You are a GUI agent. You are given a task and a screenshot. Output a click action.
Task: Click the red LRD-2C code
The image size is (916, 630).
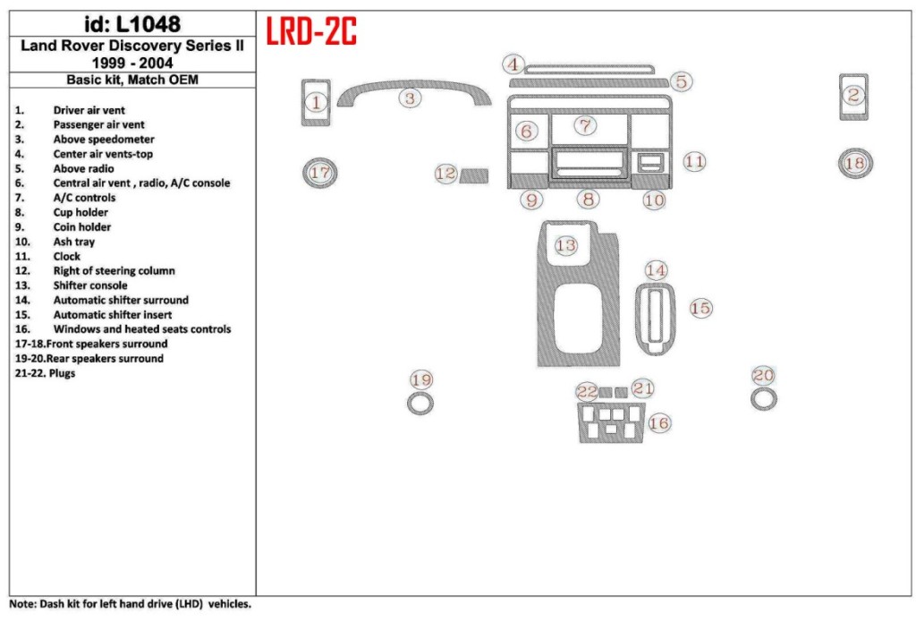(x=311, y=32)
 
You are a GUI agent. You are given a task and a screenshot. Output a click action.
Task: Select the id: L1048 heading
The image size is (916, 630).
(x=131, y=24)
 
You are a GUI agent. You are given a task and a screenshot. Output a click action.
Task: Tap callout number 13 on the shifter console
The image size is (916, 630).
(x=565, y=244)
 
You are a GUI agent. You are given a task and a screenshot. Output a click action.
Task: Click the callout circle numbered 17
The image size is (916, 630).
(x=319, y=173)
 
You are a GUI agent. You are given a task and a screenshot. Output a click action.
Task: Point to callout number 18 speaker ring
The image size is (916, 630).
(x=854, y=163)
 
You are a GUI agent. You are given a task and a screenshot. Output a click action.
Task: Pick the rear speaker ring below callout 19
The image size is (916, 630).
(x=420, y=404)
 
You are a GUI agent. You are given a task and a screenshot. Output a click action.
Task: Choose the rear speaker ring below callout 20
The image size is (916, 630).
(x=763, y=399)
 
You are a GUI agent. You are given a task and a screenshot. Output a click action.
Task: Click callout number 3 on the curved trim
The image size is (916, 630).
(x=410, y=98)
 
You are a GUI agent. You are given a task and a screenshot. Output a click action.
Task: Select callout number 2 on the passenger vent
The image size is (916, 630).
(x=853, y=95)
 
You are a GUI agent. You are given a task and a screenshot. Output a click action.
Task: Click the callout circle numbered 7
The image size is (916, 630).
(x=584, y=125)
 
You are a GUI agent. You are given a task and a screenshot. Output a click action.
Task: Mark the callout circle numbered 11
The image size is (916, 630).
(x=694, y=162)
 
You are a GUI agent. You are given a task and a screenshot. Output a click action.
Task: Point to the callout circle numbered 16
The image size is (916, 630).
(x=658, y=422)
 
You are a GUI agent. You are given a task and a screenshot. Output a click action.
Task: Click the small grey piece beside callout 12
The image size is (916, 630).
(x=474, y=175)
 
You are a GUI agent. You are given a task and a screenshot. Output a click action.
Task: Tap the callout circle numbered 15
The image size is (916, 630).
(x=700, y=308)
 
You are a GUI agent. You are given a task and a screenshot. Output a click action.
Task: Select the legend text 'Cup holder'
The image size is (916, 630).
(x=81, y=212)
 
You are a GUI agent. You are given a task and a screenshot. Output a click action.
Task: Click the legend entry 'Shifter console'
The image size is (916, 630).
(x=89, y=285)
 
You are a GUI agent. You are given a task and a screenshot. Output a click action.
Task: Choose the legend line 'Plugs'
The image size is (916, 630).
(x=63, y=373)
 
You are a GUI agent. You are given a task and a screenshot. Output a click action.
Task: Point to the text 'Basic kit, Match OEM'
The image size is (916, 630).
(x=132, y=80)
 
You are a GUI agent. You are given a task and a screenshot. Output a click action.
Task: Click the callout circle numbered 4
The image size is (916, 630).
(x=513, y=64)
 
